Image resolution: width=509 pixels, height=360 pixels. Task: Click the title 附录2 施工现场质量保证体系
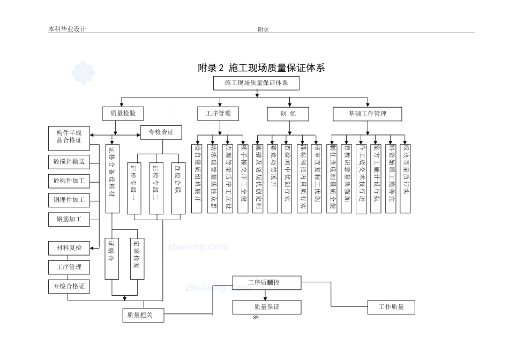261,68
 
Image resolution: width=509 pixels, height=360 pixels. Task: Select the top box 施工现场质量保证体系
256,83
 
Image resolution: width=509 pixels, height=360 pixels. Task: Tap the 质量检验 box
123,114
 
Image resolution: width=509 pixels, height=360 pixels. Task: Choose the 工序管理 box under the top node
218,114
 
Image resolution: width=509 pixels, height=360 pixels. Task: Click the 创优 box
288,114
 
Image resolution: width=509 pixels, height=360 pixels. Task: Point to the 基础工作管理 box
367,114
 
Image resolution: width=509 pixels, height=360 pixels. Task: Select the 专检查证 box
161,132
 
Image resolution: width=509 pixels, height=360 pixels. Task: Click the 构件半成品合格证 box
69,136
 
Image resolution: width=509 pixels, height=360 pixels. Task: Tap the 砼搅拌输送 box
69,161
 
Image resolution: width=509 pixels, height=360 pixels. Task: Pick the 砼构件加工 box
69,181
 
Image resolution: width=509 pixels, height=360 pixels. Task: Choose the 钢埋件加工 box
69,200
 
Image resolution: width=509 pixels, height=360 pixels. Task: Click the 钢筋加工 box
69,219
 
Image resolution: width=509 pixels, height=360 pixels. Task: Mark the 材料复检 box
69,247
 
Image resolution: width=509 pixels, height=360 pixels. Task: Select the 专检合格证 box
69,286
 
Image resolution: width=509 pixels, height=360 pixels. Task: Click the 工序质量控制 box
267,282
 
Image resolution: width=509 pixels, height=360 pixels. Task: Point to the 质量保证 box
267,307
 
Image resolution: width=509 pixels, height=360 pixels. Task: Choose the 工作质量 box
391,307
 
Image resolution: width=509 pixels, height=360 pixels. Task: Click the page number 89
256,318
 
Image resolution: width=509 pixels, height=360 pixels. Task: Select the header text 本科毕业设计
67,29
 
